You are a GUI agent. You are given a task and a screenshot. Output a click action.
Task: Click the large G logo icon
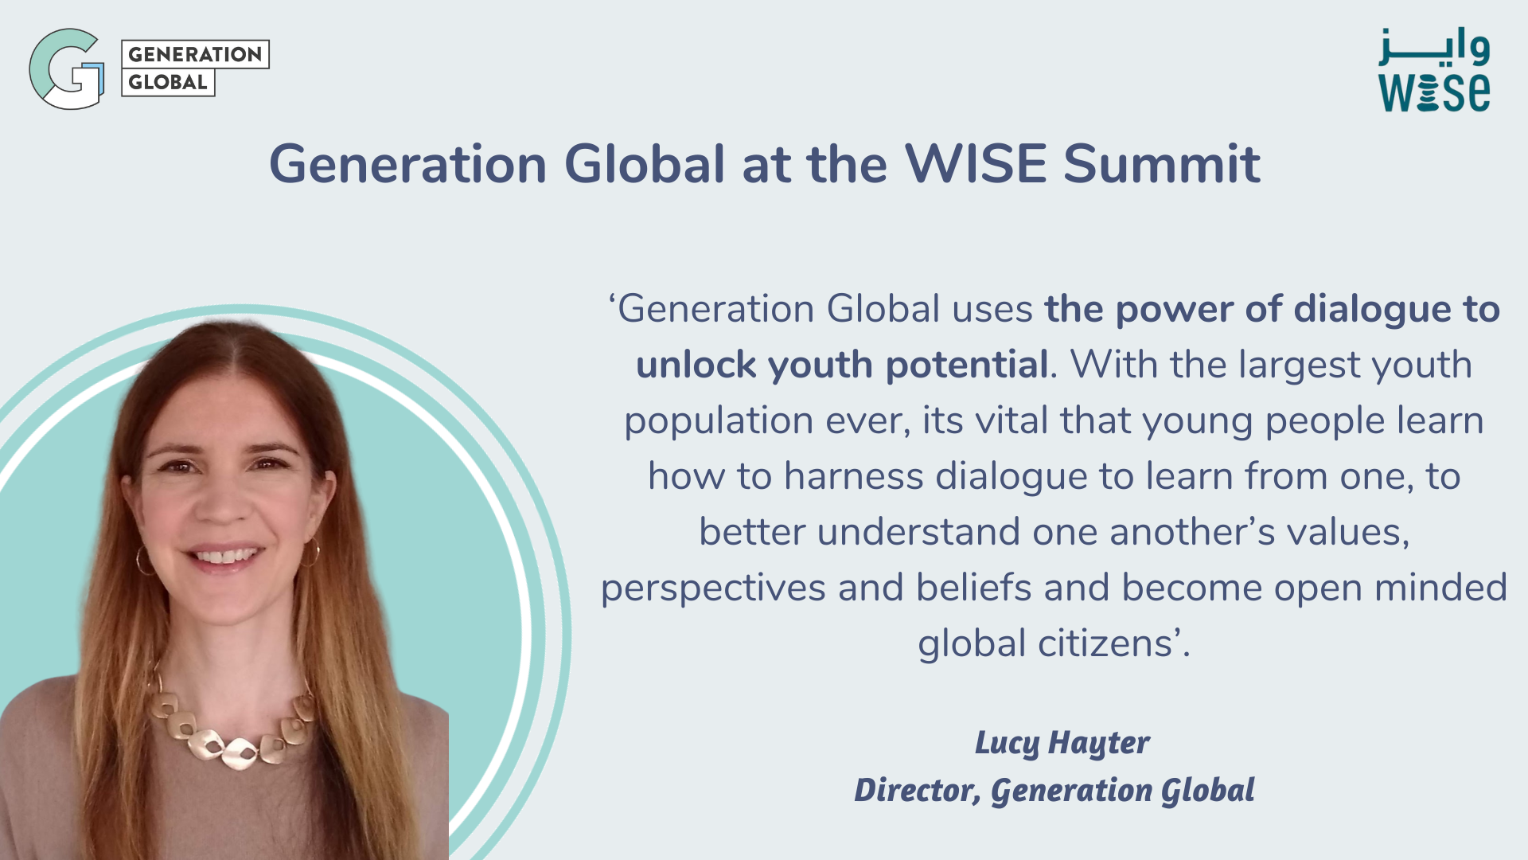pos(67,69)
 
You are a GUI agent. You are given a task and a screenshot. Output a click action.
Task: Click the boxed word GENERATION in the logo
pos(195,54)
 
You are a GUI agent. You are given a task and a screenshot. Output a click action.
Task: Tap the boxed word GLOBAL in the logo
pos(168,82)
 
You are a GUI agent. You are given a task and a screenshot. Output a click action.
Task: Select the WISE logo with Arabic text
pos(1434,70)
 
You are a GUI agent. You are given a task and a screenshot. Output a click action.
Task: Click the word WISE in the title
pos(975,164)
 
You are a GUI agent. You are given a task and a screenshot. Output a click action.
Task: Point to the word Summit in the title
pos(1162,164)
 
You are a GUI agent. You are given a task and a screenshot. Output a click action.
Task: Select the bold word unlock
pos(696,365)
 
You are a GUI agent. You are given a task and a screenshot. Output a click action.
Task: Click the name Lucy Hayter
pos(1062,743)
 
